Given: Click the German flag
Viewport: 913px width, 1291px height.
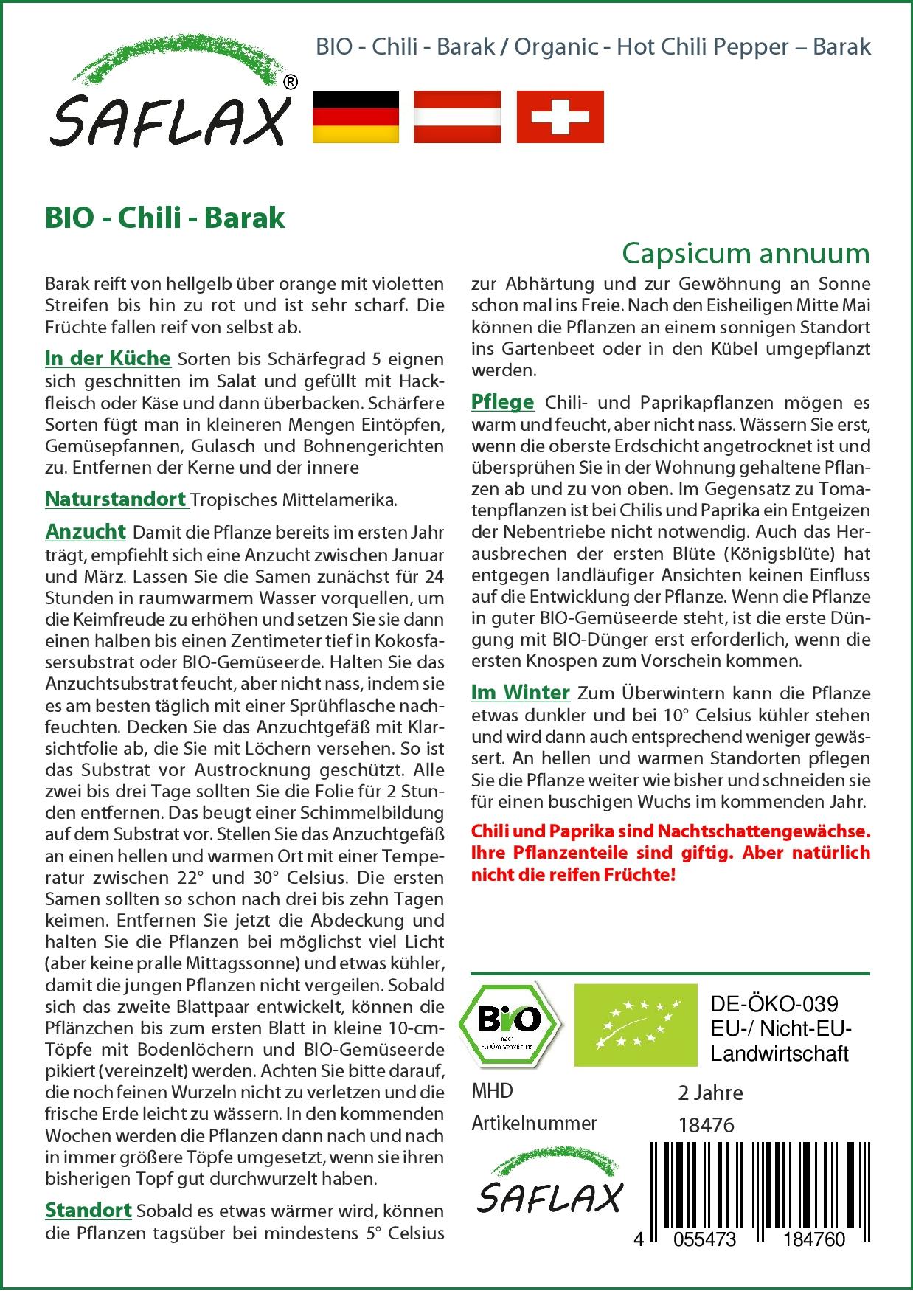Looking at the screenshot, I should coord(355,117).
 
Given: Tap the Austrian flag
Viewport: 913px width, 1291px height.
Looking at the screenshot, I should coord(457,117).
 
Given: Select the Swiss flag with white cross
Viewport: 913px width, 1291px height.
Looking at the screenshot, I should coord(560,117).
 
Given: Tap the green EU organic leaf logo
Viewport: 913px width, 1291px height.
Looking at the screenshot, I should coord(635,1025).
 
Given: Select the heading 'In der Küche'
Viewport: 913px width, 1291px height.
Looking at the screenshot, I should coord(108,359).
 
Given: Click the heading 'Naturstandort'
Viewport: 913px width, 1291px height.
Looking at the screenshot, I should coord(116,499).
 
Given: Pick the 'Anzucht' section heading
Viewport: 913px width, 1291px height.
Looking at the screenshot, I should coord(86,531).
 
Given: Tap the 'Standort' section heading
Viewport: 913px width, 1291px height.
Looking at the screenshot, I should coord(88,1211).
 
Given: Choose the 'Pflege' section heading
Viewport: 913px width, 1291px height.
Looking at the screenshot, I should coord(502,402).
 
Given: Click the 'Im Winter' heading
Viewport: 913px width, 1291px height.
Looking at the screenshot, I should coord(521,693).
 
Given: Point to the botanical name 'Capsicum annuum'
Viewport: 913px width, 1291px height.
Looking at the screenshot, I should coord(746,253).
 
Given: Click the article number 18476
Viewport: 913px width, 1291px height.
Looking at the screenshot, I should coord(706,1124).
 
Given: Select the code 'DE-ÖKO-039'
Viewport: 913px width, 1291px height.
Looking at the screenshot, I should coord(774,1004).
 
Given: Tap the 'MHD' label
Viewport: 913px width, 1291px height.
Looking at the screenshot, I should coord(492,1091).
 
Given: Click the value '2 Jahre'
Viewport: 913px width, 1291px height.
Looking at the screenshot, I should coord(710,1093).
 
